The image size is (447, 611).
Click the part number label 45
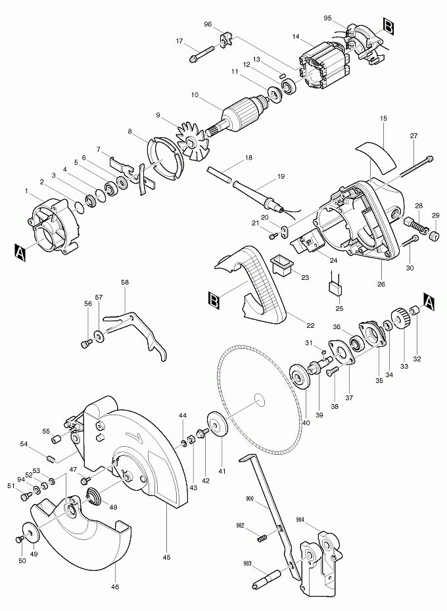[x=166, y=557]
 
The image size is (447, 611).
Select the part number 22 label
[x=310, y=325]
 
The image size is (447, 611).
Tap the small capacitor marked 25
[x=335, y=288]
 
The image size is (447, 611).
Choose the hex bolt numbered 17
[x=201, y=54]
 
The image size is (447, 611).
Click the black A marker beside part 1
[x=20, y=252]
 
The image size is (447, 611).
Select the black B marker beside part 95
[x=388, y=26]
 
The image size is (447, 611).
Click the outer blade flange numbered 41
[x=218, y=424]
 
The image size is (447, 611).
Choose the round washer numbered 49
[x=31, y=531]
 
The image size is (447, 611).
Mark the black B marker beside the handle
[x=214, y=301]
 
